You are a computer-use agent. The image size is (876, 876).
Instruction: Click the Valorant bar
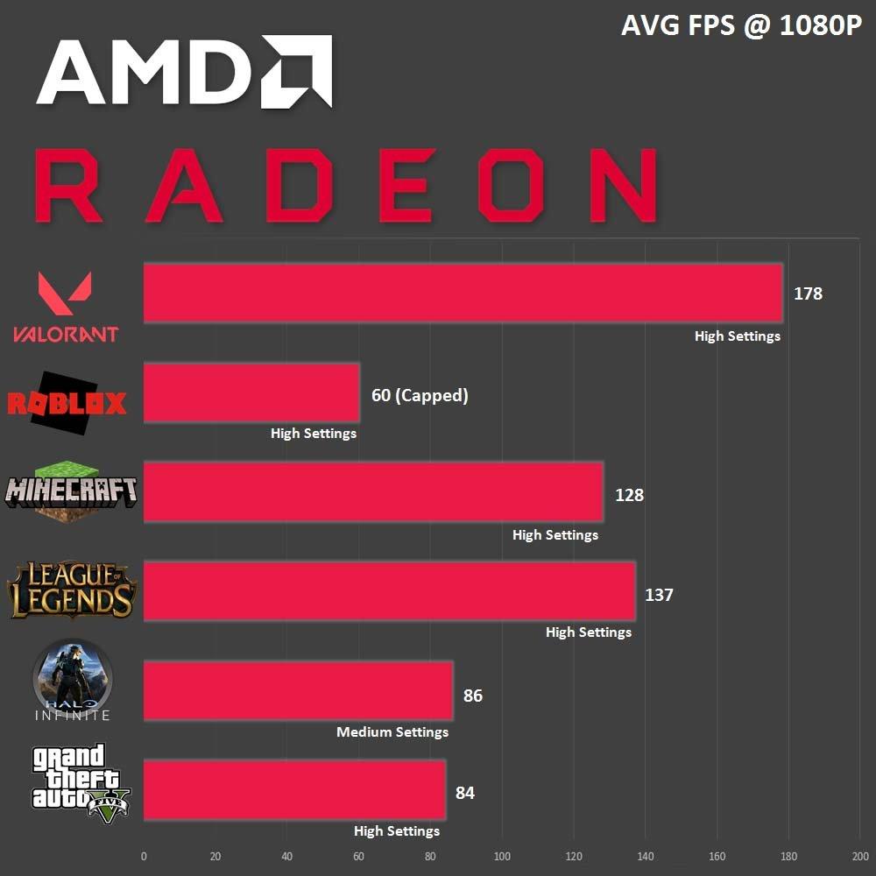point(463,293)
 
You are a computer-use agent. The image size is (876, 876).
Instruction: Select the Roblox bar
point(251,393)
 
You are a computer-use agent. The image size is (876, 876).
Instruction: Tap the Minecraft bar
point(373,492)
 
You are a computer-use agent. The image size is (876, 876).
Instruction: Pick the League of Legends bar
point(389,591)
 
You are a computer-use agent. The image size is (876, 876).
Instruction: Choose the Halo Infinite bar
point(298,691)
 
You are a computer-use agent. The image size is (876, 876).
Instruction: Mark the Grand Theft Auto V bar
point(294,790)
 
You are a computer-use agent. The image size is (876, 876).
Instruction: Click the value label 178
point(808,293)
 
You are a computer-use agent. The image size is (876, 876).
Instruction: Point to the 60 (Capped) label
point(420,395)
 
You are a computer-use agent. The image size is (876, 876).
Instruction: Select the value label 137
point(659,595)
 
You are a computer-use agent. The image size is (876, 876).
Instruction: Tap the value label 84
point(465,793)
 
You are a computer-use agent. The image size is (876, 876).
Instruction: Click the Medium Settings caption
point(392,731)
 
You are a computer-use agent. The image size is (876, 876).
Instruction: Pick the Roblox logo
point(67,404)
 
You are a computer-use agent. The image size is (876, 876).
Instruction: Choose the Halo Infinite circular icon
point(73,679)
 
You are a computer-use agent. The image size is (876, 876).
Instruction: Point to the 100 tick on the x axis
point(502,856)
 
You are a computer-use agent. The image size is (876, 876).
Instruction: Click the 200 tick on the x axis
point(860,856)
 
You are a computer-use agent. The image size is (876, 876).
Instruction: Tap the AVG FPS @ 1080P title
point(741,26)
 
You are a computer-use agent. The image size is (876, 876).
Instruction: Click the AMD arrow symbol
point(296,72)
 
